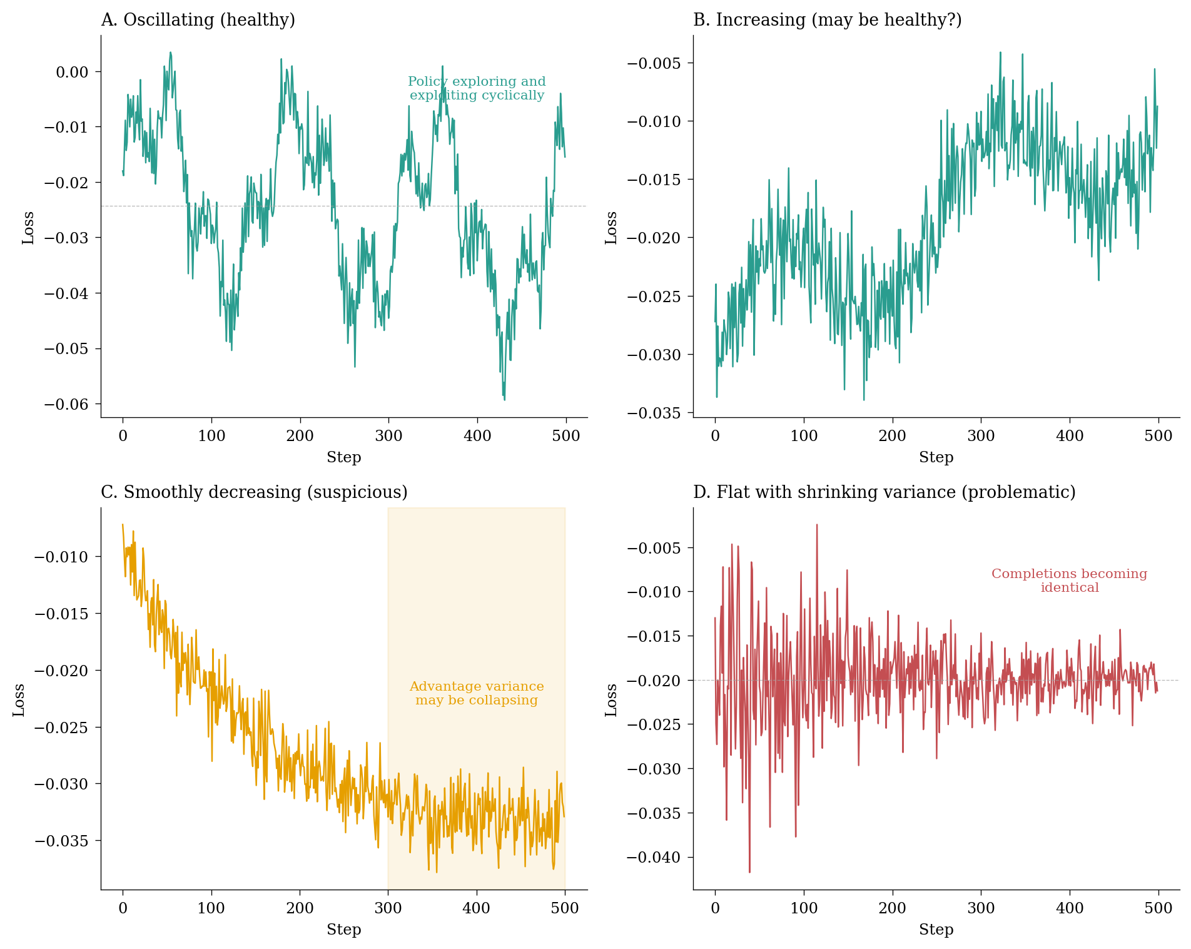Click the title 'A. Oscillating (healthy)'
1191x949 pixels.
pos(198,20)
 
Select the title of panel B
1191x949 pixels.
pos(827,20)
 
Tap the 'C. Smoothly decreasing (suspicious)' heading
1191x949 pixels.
pos(254,492)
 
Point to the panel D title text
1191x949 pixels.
pos(884,492)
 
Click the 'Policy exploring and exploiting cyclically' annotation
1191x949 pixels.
pos(477,88)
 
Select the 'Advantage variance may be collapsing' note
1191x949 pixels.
pos(477,693)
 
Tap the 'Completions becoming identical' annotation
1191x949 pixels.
pos(1069,581)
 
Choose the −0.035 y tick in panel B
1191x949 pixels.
pos(654,413)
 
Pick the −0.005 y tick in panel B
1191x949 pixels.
pos(654,63)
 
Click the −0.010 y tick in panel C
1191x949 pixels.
pos(62,557)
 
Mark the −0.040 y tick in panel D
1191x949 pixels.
pos(654,858)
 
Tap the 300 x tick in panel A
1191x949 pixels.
pos(388,435)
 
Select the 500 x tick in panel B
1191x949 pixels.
pos(1158,435)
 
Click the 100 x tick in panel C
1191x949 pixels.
pos(211,908)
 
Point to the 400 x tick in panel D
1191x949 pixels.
pos(1069,908)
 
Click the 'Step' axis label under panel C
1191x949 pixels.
pos(343,930)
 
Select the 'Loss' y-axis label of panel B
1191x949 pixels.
pos(611,228)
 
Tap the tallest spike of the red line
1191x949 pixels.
pos(816,525)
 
